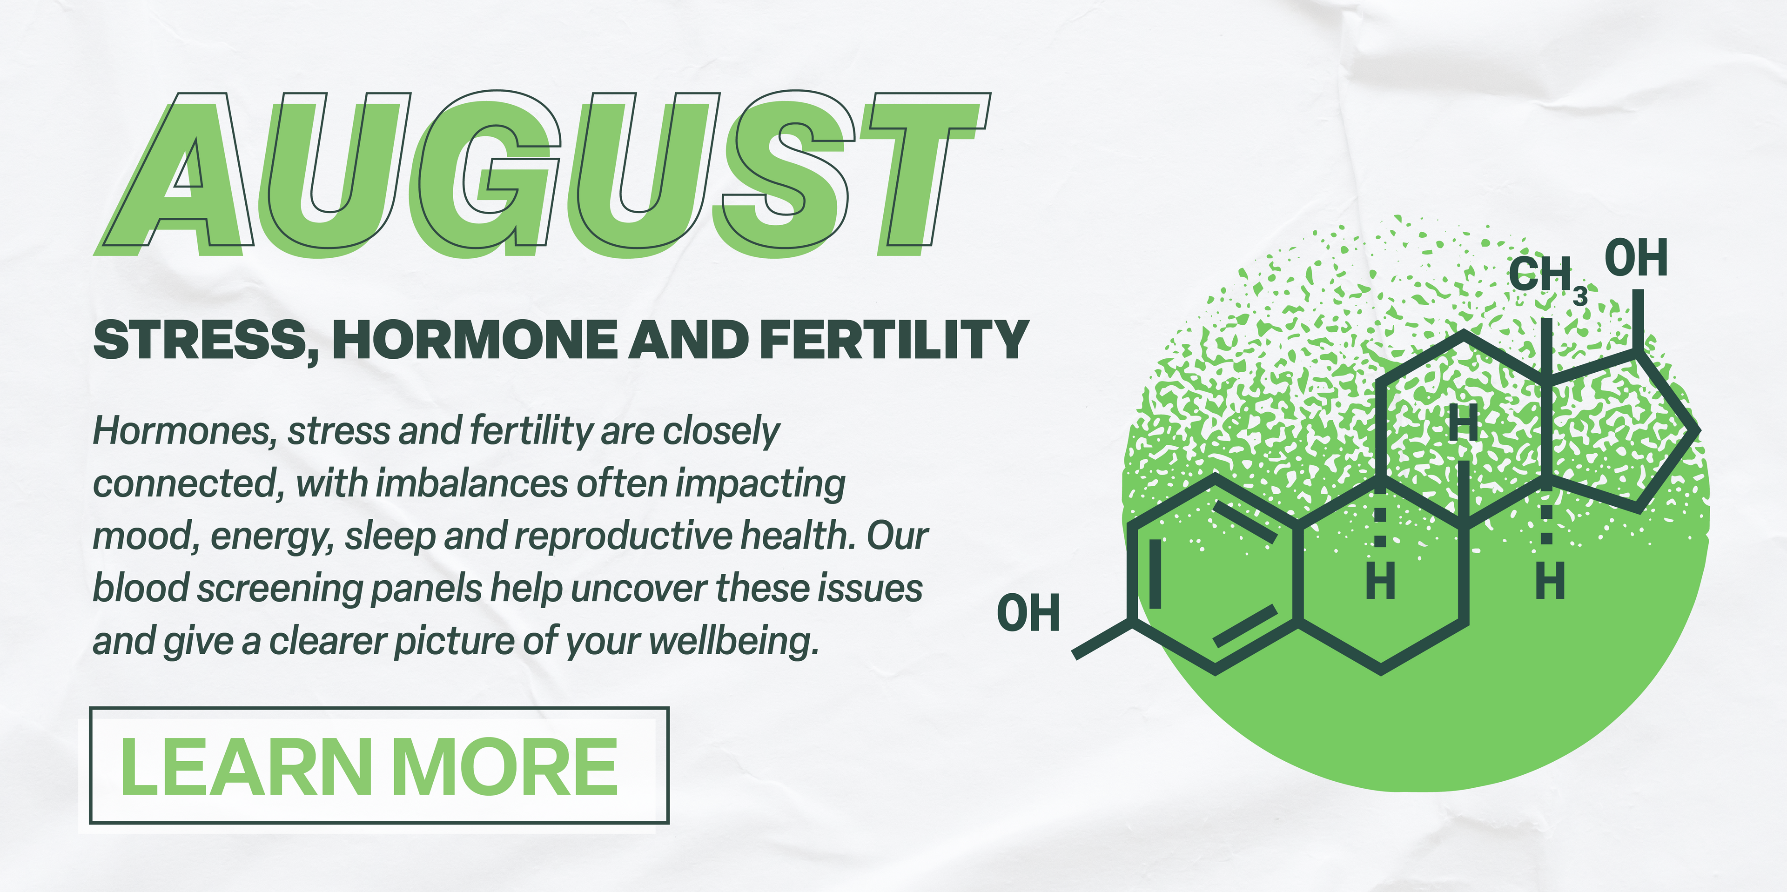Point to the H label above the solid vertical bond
pyautogui.click(x=1464, y=424)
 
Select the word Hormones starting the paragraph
pyautogui.click(x=182, y=431)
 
